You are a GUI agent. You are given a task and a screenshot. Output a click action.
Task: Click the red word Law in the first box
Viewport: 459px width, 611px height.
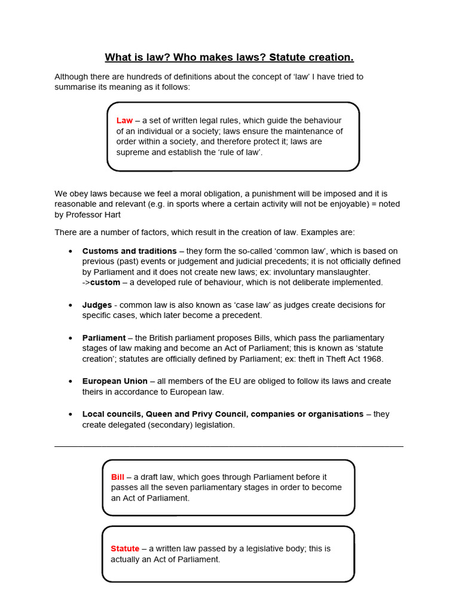pos(124,121)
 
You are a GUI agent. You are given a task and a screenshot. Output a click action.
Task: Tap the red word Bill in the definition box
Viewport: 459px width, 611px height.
pos(118,477)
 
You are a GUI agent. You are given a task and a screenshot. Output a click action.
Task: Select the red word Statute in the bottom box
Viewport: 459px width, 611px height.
pos(125,548)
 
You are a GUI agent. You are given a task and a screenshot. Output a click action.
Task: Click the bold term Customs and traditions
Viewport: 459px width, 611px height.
pos(129,251)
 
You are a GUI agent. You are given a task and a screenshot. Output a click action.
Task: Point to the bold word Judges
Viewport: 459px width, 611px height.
pos(97,305)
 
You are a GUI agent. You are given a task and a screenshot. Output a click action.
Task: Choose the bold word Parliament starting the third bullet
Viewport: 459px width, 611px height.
pos(104,338)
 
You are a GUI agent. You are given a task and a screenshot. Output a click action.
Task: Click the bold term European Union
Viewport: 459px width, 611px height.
pos(115,381)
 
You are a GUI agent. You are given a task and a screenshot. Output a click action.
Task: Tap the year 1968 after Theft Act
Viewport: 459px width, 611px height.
pos(372,359)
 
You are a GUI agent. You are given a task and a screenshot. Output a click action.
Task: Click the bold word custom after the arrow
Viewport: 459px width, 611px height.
pos(105,282)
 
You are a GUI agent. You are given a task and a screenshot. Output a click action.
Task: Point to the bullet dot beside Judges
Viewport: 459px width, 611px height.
pos(71,305)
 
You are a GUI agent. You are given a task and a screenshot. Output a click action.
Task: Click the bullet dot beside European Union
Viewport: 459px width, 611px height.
pos(71,381)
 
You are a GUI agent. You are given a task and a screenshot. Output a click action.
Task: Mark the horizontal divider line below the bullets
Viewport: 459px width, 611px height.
pos(229,446)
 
